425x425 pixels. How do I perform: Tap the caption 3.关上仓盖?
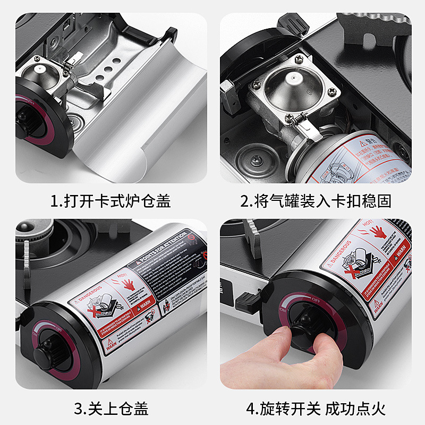[x=110, y=409]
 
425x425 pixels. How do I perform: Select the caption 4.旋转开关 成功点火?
[x=316, y=409]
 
